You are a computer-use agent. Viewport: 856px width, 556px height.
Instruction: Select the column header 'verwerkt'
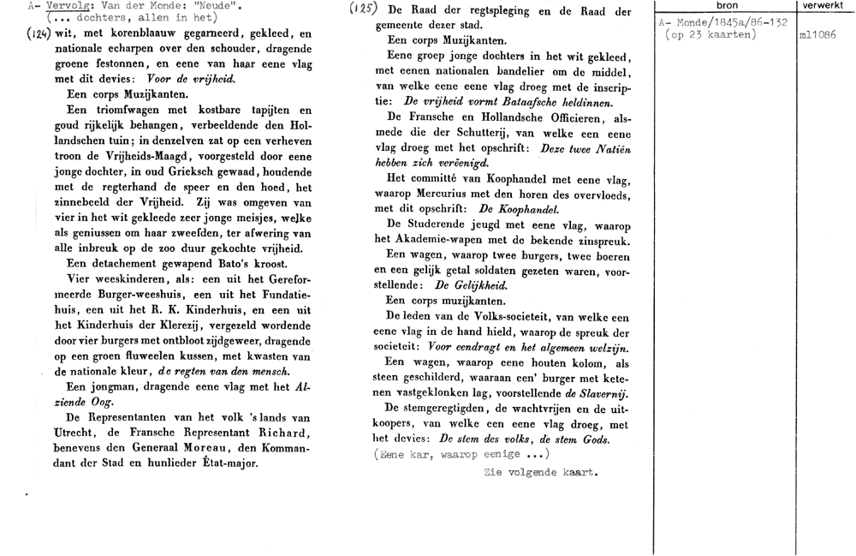[x=820, y=5]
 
